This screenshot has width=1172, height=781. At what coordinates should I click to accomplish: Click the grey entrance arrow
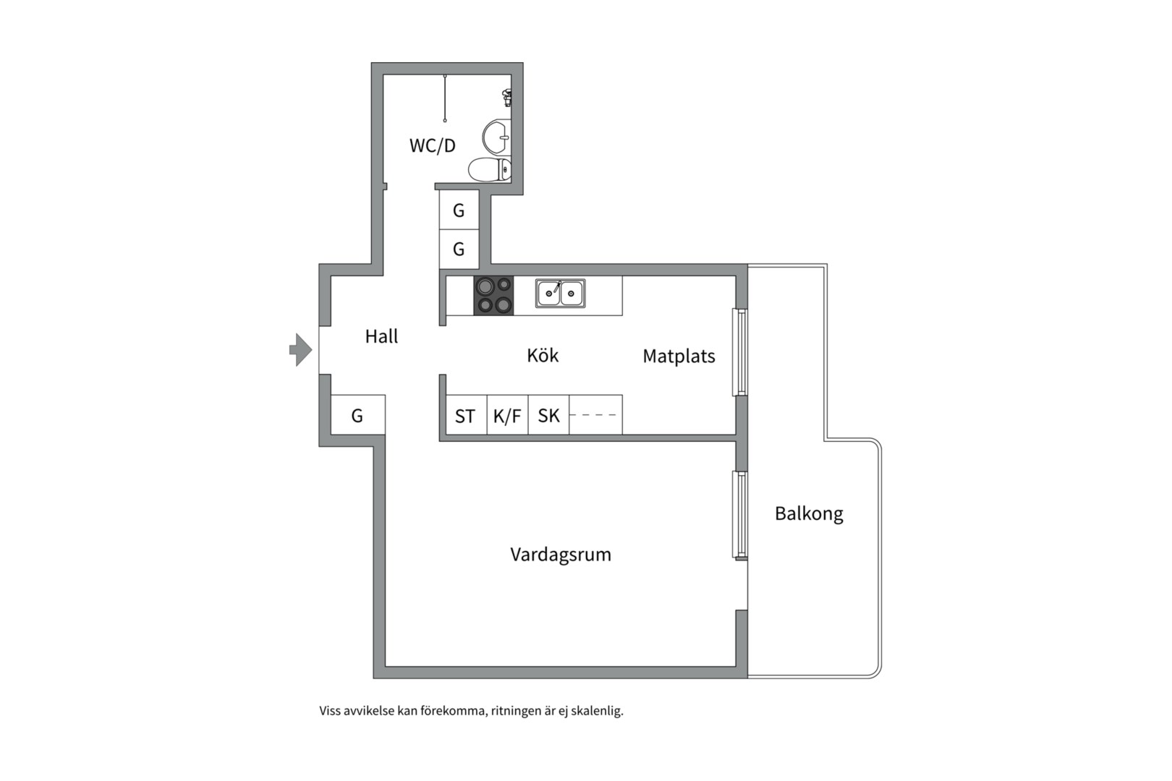point(301,350)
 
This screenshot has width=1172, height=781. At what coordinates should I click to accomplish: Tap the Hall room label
point(381,336)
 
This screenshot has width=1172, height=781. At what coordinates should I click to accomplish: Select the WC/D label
point(432,145)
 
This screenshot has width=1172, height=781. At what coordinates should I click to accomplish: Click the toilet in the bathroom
point(490,169)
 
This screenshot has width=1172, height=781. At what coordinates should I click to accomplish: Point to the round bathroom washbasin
point(496,137)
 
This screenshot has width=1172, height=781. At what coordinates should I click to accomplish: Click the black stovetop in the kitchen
point(493,296)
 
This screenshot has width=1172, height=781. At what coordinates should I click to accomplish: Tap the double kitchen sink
point(561,293)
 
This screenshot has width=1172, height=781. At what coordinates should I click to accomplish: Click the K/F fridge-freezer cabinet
point(508,415)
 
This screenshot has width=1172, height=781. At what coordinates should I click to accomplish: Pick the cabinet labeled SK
point(549,415)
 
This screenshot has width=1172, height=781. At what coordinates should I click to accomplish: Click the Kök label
point(543,355)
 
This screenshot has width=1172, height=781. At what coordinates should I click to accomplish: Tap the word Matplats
point(679,357)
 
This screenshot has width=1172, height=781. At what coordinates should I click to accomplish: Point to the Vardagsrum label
point(561,555)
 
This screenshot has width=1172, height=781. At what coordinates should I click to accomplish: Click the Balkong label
point(809,513)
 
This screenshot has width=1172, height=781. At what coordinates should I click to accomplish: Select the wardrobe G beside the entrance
point(358,415)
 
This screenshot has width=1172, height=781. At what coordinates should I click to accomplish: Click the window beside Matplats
point(740,352)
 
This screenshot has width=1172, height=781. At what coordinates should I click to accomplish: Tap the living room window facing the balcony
point(740,516)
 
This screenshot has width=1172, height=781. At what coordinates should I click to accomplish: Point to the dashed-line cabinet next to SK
point(596,415)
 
